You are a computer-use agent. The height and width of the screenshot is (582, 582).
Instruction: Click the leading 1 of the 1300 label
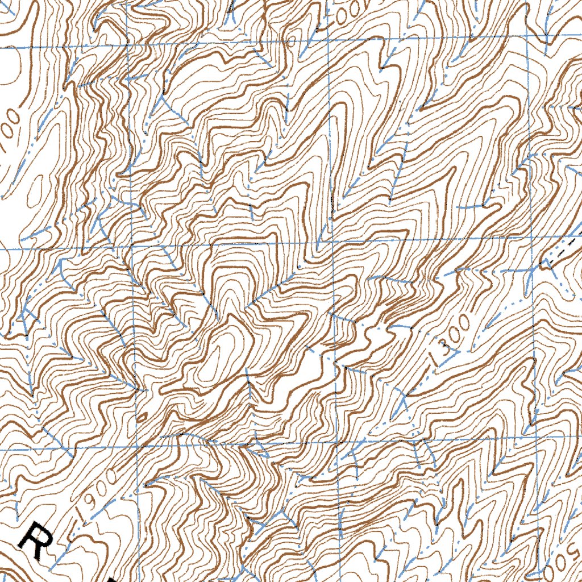point(438,352)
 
